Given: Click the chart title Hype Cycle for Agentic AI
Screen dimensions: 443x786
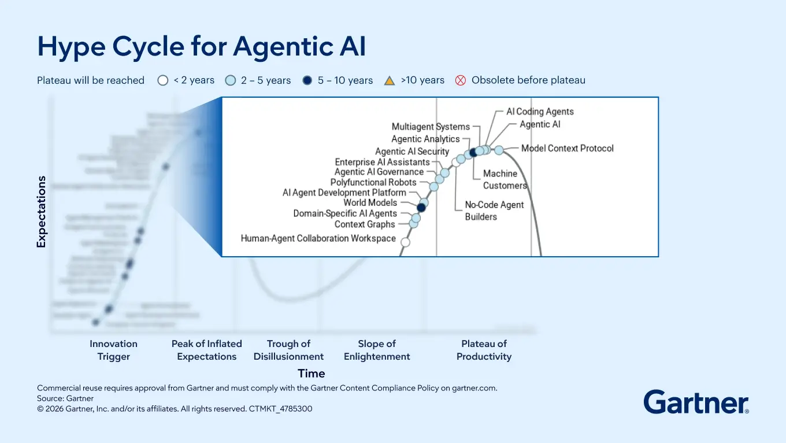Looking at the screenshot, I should pyautogui.click(x=201, y=46).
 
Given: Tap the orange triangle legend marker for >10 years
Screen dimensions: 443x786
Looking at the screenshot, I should pyautogui.click(x=390, y=80).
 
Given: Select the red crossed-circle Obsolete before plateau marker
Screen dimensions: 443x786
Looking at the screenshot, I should pyautogui.click(x=461, y=80).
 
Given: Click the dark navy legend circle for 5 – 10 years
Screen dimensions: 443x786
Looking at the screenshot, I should pyautogui.click(x=307, y=80).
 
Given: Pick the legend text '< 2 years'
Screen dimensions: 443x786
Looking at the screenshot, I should pyautogui.click(x=194, y=80).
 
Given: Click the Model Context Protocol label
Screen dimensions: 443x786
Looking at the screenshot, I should pyautogui.click(x=567, y=149).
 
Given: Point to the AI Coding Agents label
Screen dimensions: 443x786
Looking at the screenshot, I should pyautogui.click(x=540, y=112).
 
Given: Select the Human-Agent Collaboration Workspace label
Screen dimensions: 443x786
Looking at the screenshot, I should pyautogui.click(x=318, y=238).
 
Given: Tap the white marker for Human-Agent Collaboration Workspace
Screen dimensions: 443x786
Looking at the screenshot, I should pyautogui.click(x=405, y=242).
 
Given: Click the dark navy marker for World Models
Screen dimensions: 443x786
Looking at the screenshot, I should pyautogui.click(x=421, y=208).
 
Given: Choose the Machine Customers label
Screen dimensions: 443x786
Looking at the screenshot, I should pyautogui.click(x=505, y=179).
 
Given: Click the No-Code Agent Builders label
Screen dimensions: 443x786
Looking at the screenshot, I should pyautogui.click(x=494, y=211).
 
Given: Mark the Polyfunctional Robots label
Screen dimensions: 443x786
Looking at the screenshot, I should pyautogui.click(x=373, y=182).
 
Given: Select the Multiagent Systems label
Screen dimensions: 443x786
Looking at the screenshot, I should pyautogui.click(x=431, y=127).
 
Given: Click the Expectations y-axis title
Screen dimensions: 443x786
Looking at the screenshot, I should pyautogui.click(x=41, y=212).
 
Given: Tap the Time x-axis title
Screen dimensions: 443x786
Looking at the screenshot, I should pyautogui.click(x=312, y=374).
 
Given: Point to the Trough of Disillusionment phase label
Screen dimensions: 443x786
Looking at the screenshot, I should pyautogui.click(x=288, y=350).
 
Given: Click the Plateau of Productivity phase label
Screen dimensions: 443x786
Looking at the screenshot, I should pyautogui.click(x=484, y=350).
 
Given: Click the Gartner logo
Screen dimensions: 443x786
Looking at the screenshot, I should pyautogui.click(x=696, y=401).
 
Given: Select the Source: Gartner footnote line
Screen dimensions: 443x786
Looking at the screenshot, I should pyautogui.click(x=65, y=398).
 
